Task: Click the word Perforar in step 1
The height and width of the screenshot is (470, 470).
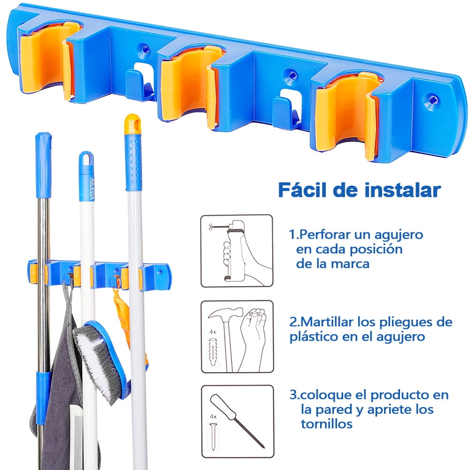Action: (x=324, y=234)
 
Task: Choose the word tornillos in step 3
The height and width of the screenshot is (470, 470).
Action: (x=326, y=424)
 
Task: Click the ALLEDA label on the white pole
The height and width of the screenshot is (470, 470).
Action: (x=86, y=188)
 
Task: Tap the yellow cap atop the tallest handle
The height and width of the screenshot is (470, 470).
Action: (x=132, y=121)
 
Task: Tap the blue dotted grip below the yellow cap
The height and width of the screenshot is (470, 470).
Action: (x=133, y=160)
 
